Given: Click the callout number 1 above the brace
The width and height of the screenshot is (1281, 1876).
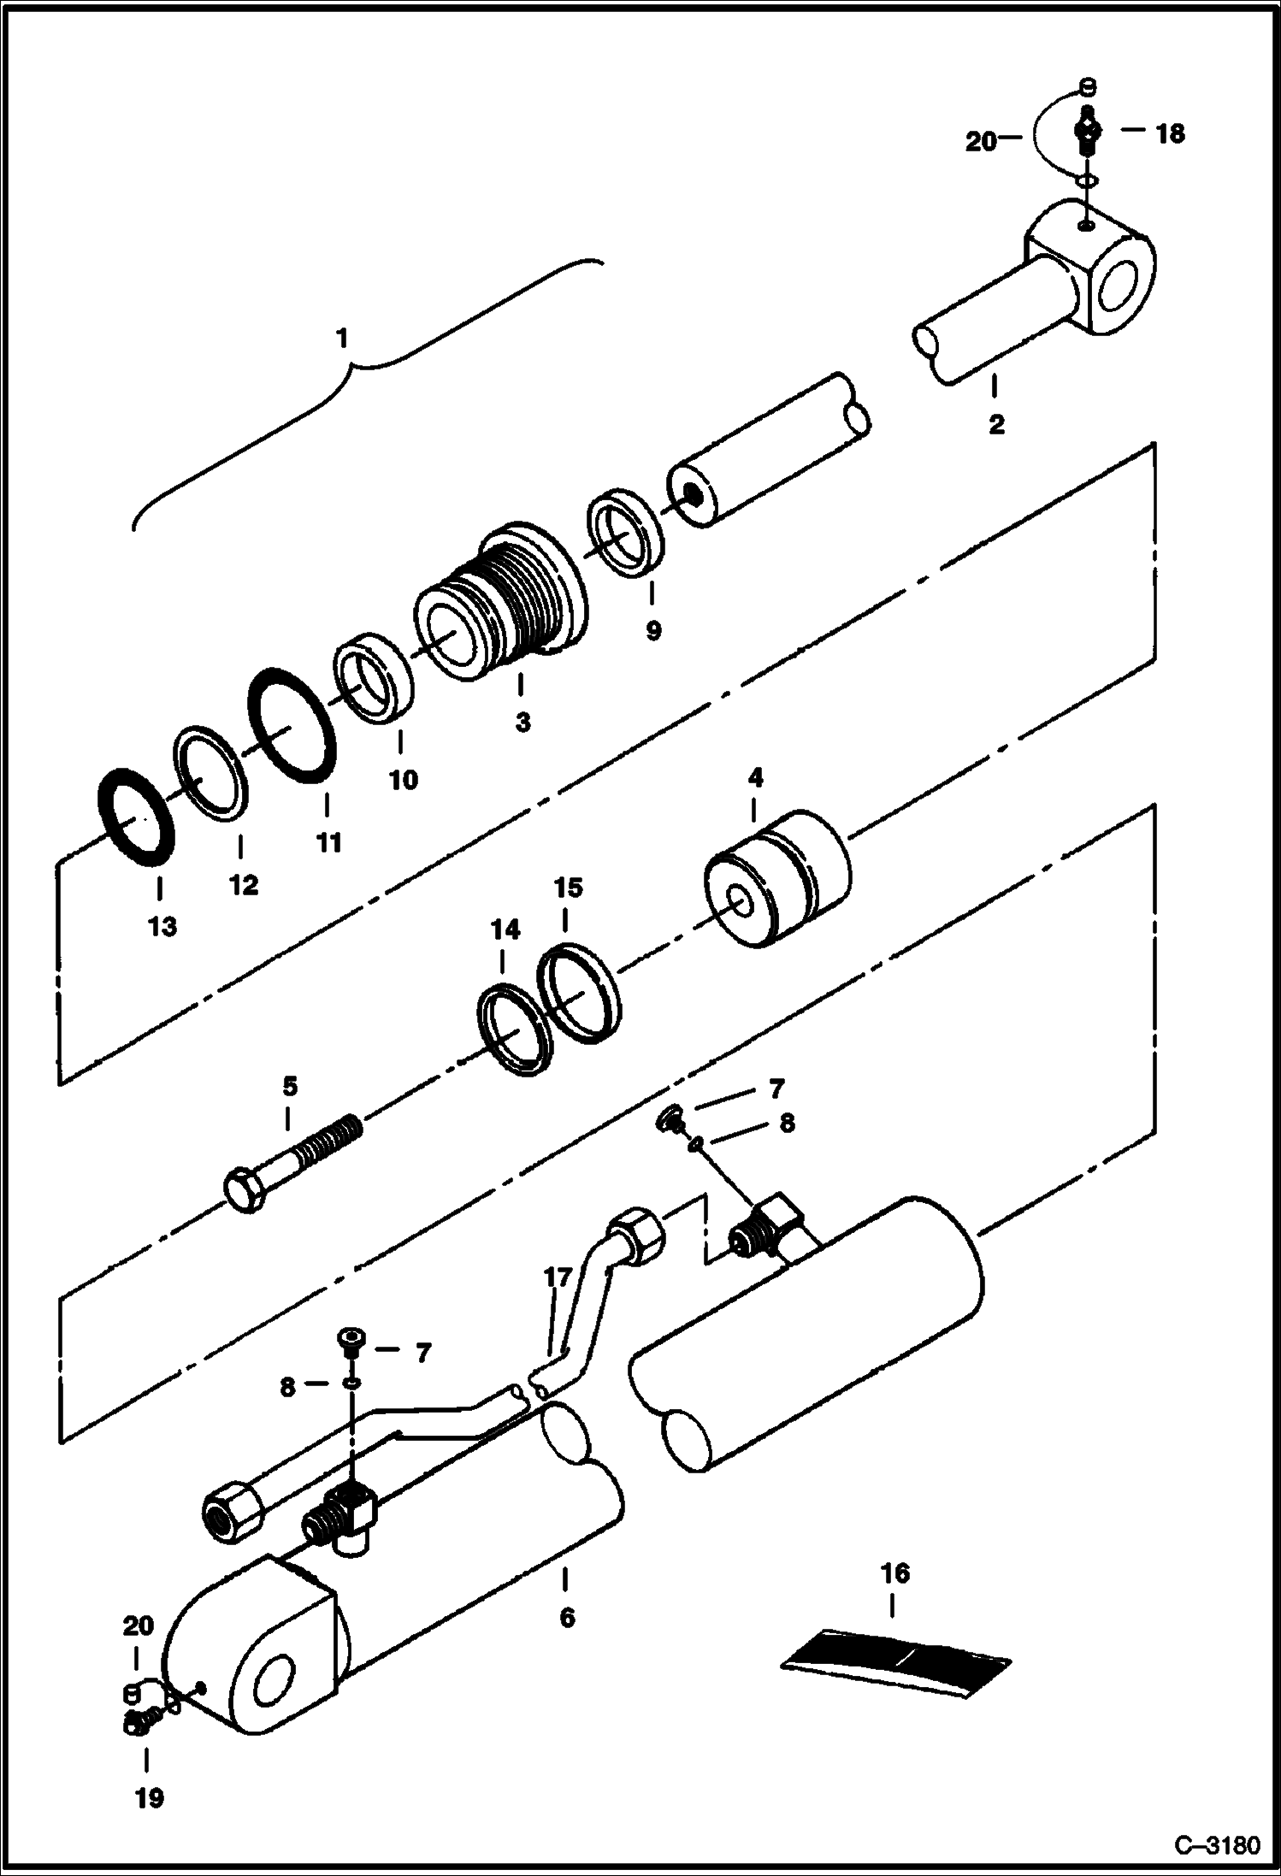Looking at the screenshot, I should (342, 339).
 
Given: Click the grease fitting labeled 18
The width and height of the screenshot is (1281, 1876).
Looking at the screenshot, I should (1086, 133).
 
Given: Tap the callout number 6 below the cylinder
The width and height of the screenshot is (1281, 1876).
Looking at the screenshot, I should (566, 1618).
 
